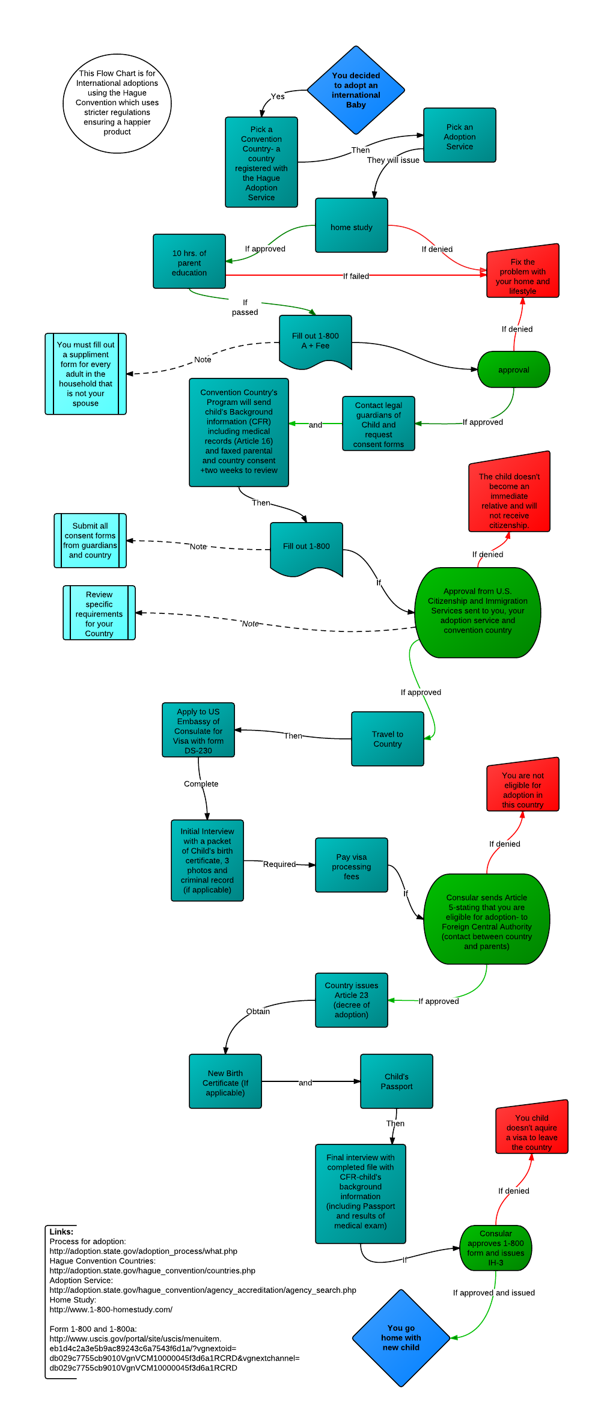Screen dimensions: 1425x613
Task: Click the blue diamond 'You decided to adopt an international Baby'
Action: (356, 90)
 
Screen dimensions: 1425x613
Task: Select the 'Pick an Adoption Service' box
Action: (460, 136)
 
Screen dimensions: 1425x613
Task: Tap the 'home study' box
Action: (352, 226)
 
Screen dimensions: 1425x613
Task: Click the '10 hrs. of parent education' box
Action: (189, 262)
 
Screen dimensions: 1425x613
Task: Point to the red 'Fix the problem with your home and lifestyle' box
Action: (523, 273)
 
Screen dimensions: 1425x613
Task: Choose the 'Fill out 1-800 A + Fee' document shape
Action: (316, 340)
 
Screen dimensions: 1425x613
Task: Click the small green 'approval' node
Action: (514, 369)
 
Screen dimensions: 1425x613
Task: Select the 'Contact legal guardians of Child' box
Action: (379, 424)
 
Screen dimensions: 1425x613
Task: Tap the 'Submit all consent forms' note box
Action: (90, 540)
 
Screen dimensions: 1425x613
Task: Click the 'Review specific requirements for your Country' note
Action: (99, 613)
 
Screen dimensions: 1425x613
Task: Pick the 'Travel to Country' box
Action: (388, 738)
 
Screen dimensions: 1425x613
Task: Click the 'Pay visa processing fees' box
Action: (352, 866)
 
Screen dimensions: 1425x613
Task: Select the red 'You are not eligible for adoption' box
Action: (523, 787)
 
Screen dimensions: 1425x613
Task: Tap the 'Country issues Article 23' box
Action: (352, 1000)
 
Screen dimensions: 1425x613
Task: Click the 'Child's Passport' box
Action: (397, 1081)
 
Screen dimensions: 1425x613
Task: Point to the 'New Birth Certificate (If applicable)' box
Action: (225, 1081)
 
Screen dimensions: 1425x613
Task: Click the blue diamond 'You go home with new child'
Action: (401, 1337)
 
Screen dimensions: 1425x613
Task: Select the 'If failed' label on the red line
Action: (356, 276)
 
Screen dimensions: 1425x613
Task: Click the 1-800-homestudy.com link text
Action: (111, 1310)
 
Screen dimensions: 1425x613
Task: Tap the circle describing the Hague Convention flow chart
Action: (117, 103)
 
